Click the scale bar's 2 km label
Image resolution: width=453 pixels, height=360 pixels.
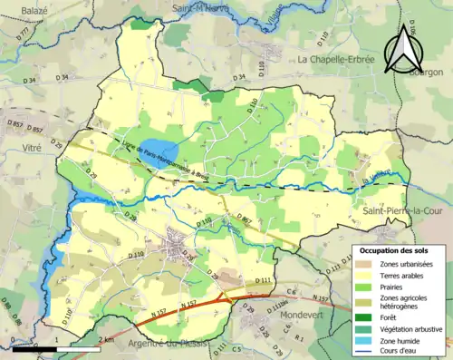coord(105,339)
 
